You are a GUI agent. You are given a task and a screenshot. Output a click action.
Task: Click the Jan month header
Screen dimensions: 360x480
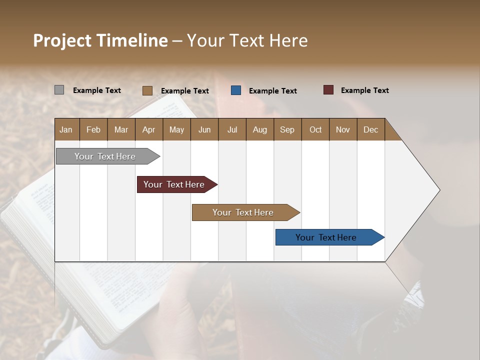[x=66, y=129]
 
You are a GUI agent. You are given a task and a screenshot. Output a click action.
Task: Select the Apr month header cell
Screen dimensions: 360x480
[x=148, y=129]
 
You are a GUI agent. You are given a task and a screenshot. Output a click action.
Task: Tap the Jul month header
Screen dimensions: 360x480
[x=232, y=129]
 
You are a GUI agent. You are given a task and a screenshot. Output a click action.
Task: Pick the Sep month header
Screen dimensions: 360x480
[x=287, y=129]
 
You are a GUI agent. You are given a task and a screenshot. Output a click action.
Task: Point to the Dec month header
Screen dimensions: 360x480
[x=370, y=129]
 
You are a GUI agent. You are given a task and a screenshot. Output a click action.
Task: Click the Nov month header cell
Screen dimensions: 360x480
[x=342, y=129]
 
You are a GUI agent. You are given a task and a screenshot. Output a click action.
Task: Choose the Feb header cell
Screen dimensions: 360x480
[x=93, y=129]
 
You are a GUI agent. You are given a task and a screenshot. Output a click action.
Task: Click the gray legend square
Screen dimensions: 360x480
[x=59, y=90]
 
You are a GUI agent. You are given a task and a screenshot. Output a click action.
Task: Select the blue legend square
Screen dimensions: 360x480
[x=236, y=90]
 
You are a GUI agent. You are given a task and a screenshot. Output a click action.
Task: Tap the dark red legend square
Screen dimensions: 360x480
[x=328, y=90]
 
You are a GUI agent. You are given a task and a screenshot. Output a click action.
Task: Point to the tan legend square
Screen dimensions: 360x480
[x=147, y=90]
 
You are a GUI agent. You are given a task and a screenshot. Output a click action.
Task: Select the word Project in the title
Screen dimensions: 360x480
[x=61, y=40]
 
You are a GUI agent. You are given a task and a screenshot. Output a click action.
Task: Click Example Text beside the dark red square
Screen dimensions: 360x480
[x=364, y=90]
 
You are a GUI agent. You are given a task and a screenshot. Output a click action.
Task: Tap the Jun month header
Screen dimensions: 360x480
[x=204, y=129]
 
